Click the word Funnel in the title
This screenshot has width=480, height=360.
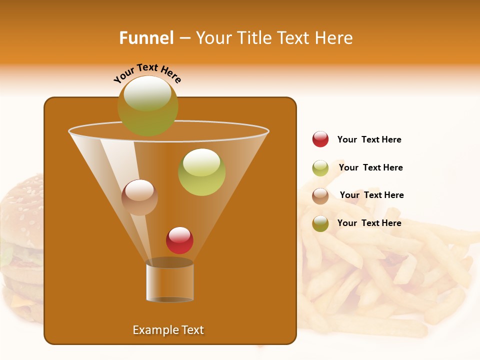tap(146, 38)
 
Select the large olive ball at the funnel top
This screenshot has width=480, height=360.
tap(148, 105)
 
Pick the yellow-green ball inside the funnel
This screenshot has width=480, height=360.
tap(202, 172)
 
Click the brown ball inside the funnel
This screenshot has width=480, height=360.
tap(140, 197)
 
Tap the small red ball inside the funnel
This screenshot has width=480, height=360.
tap(179, 240)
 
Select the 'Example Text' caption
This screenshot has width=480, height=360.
tap(168, 330)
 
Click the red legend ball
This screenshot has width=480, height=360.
tap(320, 139)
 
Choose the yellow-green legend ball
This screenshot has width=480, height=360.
tap(320, 168)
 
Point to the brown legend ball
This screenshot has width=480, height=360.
tap(320, 196)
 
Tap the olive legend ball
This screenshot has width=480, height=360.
tap(320, 223)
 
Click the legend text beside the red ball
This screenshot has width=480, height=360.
tap(369, 140)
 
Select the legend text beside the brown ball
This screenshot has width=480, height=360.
tap(371, 195)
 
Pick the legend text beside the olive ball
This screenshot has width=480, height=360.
tap(369, 223)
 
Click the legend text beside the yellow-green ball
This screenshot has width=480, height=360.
tap(370, 168)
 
